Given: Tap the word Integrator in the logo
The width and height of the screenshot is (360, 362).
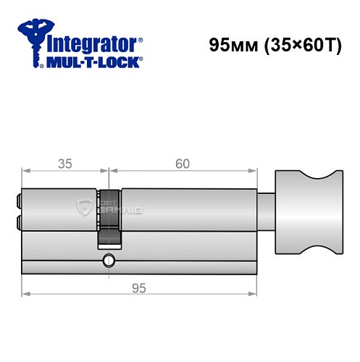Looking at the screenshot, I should click(x=91, y=43).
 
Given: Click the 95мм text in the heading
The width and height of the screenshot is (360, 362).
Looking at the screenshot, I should click(x=227, y=44).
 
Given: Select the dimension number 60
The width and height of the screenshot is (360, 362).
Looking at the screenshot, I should click(x=182, y=164).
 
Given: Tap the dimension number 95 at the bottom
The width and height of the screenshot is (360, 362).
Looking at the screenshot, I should click(x=140, y=288).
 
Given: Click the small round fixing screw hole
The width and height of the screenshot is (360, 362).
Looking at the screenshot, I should click(x=109, y=261).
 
